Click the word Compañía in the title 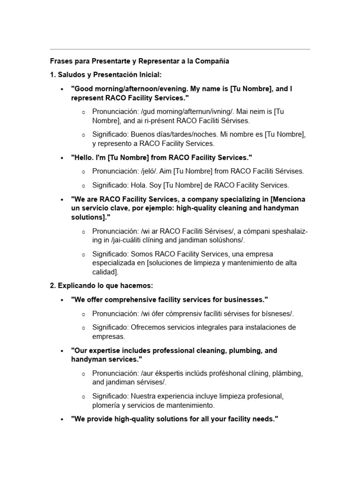214,61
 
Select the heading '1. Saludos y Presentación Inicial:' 105,75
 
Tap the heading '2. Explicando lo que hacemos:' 101,285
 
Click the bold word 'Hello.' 83,157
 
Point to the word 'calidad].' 105,272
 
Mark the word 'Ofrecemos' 147,327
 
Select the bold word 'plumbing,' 251,350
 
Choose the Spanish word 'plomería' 106,405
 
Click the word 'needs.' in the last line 265,419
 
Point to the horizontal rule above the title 180,49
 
